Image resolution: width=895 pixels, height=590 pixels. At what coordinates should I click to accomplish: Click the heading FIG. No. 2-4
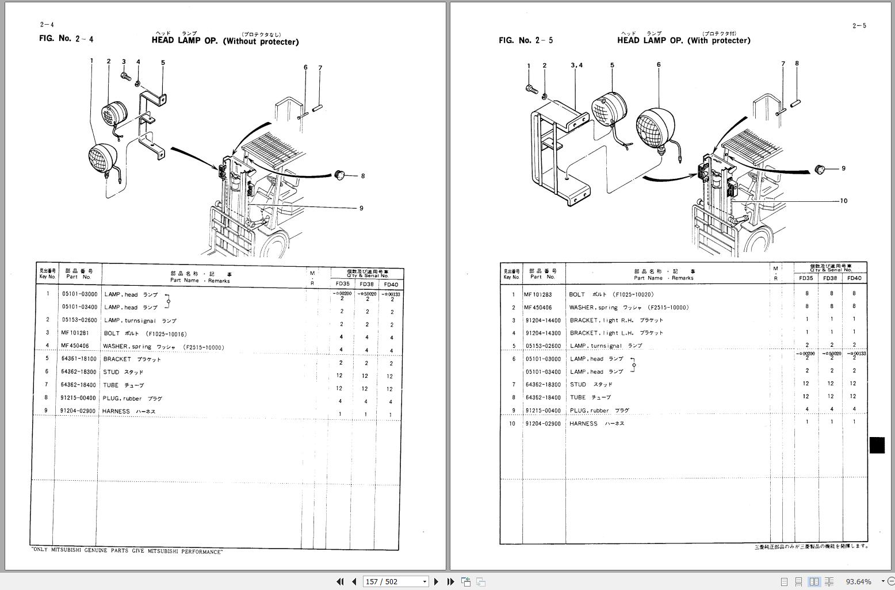66,39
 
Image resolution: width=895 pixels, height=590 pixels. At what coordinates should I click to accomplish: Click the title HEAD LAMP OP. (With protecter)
683,40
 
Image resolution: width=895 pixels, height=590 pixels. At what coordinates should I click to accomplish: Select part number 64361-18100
79,359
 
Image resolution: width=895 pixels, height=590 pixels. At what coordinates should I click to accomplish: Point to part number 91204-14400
542,320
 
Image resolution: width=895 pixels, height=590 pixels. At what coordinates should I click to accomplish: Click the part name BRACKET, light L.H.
615,333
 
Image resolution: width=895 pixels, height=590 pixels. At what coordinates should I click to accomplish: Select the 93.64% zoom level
858,581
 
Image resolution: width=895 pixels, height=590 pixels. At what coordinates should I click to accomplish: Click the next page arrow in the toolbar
436,581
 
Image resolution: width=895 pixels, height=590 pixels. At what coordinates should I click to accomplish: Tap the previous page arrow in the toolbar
354,581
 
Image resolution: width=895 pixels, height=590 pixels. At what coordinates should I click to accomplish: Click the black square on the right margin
877,445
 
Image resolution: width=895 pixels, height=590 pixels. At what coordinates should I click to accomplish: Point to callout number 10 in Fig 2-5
843,201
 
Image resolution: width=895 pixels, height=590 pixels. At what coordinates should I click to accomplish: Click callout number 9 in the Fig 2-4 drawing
361,208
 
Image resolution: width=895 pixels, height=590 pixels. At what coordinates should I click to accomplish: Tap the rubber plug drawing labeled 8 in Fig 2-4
340,174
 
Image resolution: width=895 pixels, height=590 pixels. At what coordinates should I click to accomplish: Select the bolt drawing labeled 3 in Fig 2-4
126,75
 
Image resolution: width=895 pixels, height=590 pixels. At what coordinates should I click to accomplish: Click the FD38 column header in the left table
366,284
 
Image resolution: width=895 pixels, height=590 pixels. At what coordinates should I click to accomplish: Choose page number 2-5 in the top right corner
859,25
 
